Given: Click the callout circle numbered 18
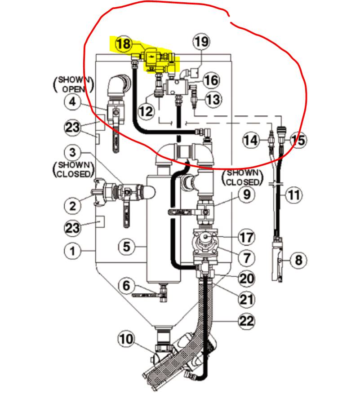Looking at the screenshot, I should (123, 44).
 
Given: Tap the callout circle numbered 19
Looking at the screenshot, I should (202, 42).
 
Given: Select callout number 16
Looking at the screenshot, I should (211, 80).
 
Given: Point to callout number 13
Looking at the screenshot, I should (213, 99).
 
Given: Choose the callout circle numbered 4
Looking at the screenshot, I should (72, 102).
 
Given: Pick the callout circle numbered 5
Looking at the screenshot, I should (127, 246).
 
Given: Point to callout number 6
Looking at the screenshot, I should (126, 285).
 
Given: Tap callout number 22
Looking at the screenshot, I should (246, 321).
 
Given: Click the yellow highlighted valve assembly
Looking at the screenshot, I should (157, 58).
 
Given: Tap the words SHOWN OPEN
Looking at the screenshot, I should (74, 84).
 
